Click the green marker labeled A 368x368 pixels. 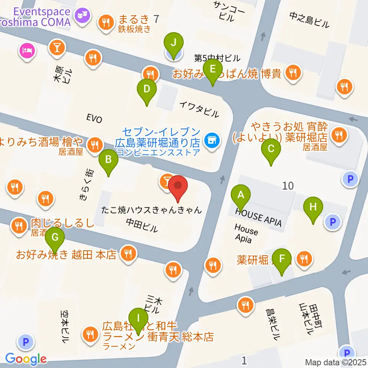coord(241,195)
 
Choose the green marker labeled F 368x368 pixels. coord(282,258)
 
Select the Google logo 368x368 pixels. coord(26,359)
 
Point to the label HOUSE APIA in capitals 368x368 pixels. coord(258,217)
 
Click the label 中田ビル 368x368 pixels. coord(141,225)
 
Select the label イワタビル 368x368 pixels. coord(199,108)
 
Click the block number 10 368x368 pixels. coord(287,186)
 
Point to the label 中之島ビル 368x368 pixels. coord(309,19)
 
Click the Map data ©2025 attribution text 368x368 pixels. coord(336,362)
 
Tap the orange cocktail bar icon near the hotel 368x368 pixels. coord(57,48)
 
